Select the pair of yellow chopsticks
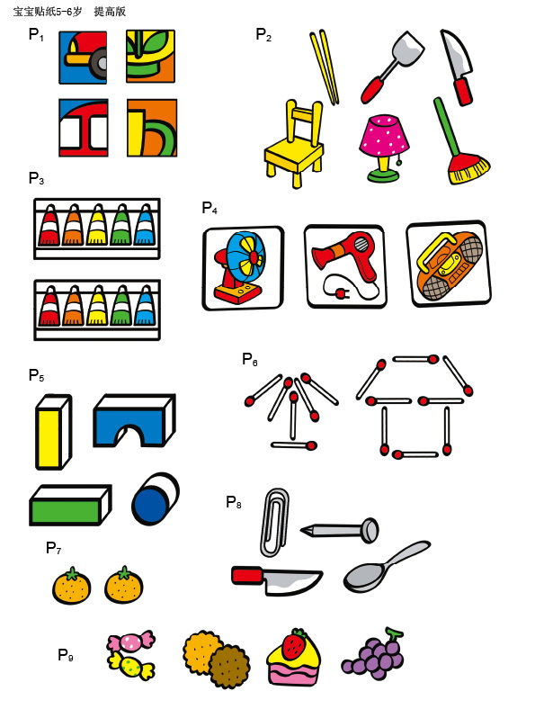[325, 67]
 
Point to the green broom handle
[447, 127]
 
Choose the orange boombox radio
[449, 265]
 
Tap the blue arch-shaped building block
[134, 420]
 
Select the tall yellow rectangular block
[53, 432]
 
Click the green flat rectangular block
[70, 505]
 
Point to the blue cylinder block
[156, 498]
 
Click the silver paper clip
[275, 522]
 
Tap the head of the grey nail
[370, 531]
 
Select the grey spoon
[387, 567]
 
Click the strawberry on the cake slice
[294, 644]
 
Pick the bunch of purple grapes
[373, 655]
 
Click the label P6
[250, 359]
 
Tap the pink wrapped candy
[131, 642]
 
